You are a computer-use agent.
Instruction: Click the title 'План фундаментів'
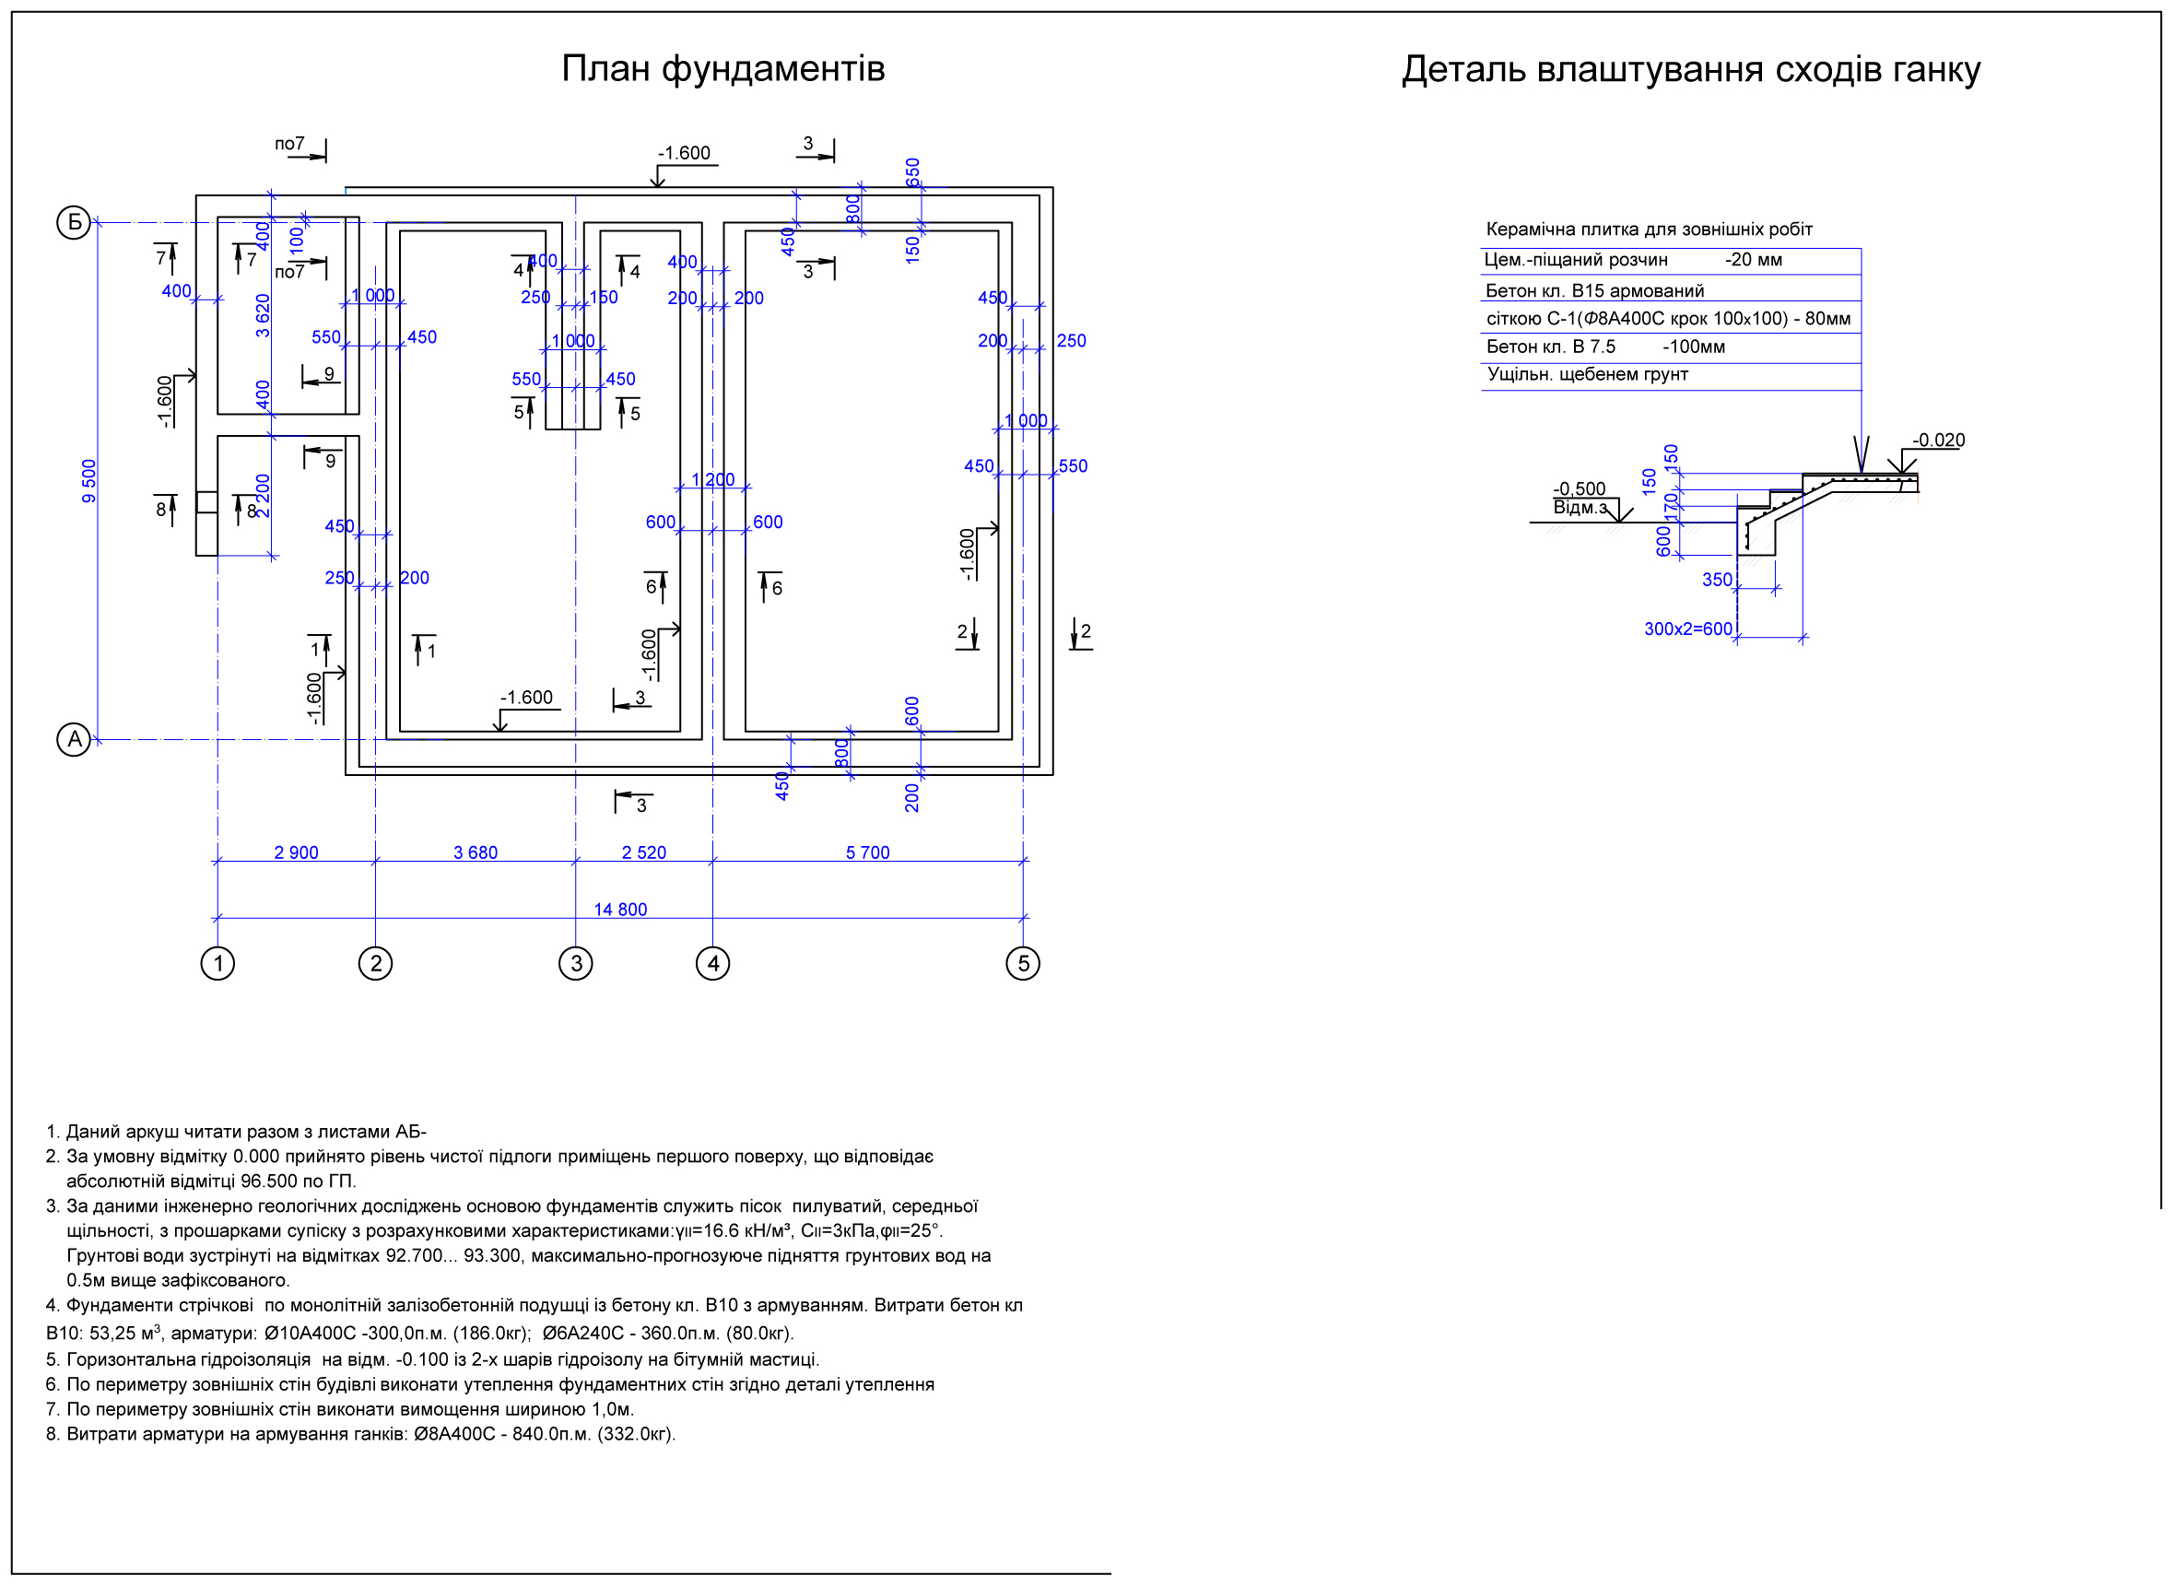(x=722, y=69)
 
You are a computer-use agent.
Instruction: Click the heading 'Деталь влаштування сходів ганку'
(x=1691, y=70)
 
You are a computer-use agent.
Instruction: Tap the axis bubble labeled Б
(x=74, y=223)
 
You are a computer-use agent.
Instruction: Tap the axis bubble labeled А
(x=74, y=740)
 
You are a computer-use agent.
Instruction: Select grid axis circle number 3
(x=575, y=964)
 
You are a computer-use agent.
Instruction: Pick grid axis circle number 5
(x=1023, y=964)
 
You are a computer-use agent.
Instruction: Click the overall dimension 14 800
(x=620, y=910)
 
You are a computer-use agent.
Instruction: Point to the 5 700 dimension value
(x=867, y=853)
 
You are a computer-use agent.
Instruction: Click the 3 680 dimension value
(x=476, y=853)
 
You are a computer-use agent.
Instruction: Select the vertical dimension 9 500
(x=89, y=481)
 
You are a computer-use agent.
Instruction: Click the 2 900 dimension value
(x=296, y=853)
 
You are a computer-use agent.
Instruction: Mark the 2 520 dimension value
(x=643, y=853)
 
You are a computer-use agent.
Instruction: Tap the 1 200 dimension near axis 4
(x=712, y=480)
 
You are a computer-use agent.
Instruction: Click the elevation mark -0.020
(x=1939, y=441)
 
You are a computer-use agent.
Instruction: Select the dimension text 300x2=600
(x=1688, y=629)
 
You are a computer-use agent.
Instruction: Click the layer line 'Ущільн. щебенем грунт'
(x=1587, y=375)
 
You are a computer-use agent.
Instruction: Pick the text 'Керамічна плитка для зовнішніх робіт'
(x=1649, y=229)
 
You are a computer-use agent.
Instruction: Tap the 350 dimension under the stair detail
(x=1718, y=581)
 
